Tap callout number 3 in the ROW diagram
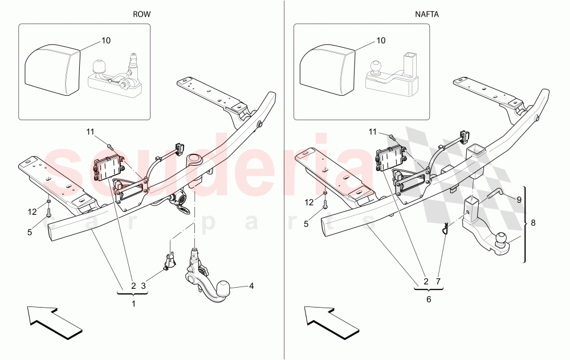tap(144, 285)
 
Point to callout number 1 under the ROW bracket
tap(133, 304)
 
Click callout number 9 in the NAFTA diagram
tap(519, 199)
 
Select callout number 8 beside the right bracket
tap(533, 224)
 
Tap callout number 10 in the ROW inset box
tap(106, 41)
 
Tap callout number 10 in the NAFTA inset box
tap(381, 41)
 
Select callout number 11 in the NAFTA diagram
tap(372, 132)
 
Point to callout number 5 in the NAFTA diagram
tap(306, 224)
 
